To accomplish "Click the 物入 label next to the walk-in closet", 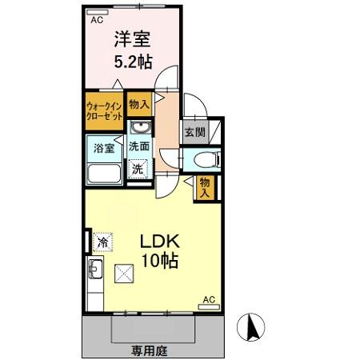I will pyautogui.click(x=139, y=103).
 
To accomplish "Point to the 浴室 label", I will pyautogui.click(x=104, y=147).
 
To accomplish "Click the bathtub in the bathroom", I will pyautogui.click(x=103, y=172).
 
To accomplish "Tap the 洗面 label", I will pyautogui.click(x=139, y=147).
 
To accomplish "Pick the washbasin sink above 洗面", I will pyautogui.click(x=139, y=129).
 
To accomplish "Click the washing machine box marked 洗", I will pyautogui.click(x=138, y=170).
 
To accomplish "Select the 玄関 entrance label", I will pyautogui.click(x=194, y=133).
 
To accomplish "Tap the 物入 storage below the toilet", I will pyautogui.click(x=206, y=187).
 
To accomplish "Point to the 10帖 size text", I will pyautogui.click(x=160, y=261).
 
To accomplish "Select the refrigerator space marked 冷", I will pyautogui.click(x=102, y=240).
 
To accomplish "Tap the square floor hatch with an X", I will pyautogui.click(x=125, y=274).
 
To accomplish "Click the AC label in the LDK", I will pyautogui.click(x=209, y=299).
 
